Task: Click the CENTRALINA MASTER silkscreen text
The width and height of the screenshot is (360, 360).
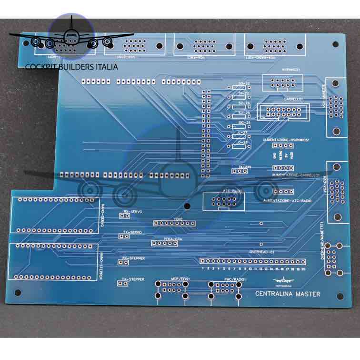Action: pos(288,294)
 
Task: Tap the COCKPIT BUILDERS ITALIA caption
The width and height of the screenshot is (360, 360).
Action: pos(71,67)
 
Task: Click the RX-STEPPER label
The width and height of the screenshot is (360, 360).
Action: pos(134,258)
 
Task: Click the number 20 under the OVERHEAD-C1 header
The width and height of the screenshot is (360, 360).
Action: pos(303,268)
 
